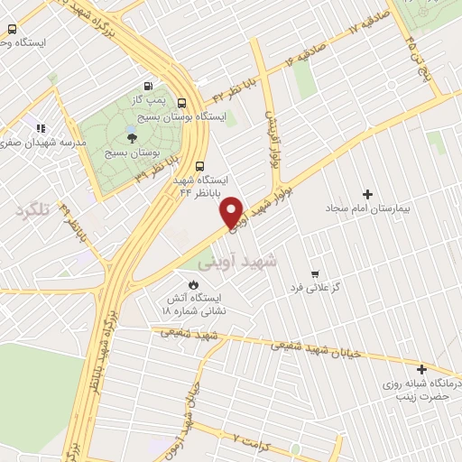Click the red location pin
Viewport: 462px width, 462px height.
(234, 210)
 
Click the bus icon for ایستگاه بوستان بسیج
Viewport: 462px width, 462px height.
(181, 102)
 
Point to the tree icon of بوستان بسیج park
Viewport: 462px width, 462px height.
(133, 137)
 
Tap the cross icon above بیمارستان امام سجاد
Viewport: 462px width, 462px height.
(367, 193)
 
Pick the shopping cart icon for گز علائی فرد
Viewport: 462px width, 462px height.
(314, 273)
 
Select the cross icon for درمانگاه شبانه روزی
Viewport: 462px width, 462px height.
(421, 368)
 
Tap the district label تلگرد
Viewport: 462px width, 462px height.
(30, 209)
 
